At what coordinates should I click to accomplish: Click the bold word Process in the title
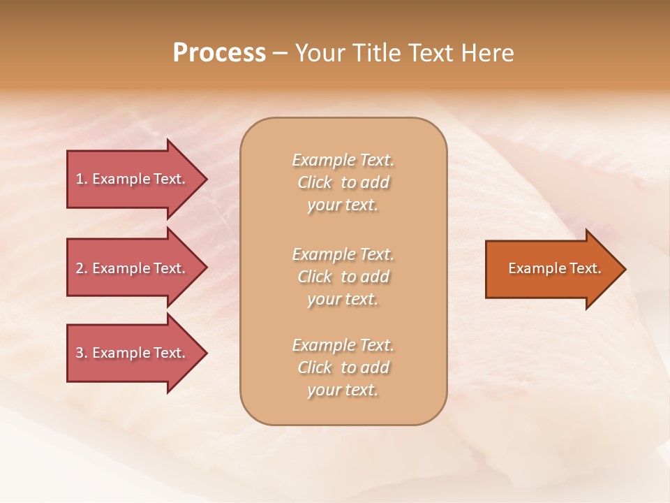point(219,53)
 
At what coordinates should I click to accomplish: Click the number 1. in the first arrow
point(82,179)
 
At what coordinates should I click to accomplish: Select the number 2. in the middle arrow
point(82,268)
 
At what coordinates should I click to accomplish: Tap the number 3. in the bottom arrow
point(82,353)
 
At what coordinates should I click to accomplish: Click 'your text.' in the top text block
point(343,205)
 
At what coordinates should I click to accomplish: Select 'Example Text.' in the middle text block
point(343,254)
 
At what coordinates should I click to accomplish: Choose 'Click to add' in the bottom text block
point(343,367)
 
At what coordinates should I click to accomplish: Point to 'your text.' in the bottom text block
point(343,391)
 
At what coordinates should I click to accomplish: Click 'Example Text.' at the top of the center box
point(343,160)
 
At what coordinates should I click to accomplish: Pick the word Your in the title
point(322,53)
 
